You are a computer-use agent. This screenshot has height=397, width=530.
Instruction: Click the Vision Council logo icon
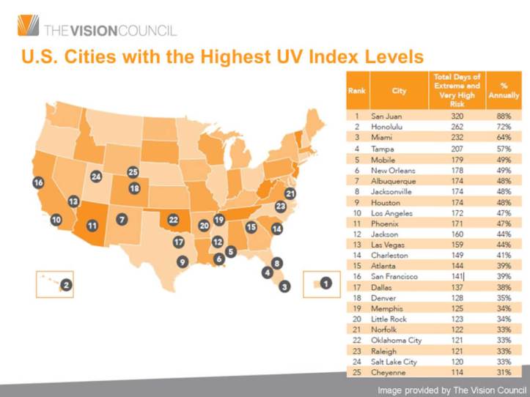coord(28,26)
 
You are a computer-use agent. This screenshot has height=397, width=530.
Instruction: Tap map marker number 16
coord(38,182)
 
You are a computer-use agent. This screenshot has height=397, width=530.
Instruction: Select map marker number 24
coord(96,177)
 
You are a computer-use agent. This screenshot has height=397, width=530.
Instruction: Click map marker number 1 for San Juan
coord(326,281)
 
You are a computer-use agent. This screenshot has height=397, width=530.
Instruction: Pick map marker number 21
coord(290,193)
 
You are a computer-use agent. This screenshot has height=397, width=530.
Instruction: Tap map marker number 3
coord(285,286)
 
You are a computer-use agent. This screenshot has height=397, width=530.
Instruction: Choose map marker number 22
coord(173,219)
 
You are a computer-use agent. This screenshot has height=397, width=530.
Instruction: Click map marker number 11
coord(92,226)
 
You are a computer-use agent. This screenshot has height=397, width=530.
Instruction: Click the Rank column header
coord(356,92)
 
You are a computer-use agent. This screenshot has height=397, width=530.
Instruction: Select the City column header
coord(400,92)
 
